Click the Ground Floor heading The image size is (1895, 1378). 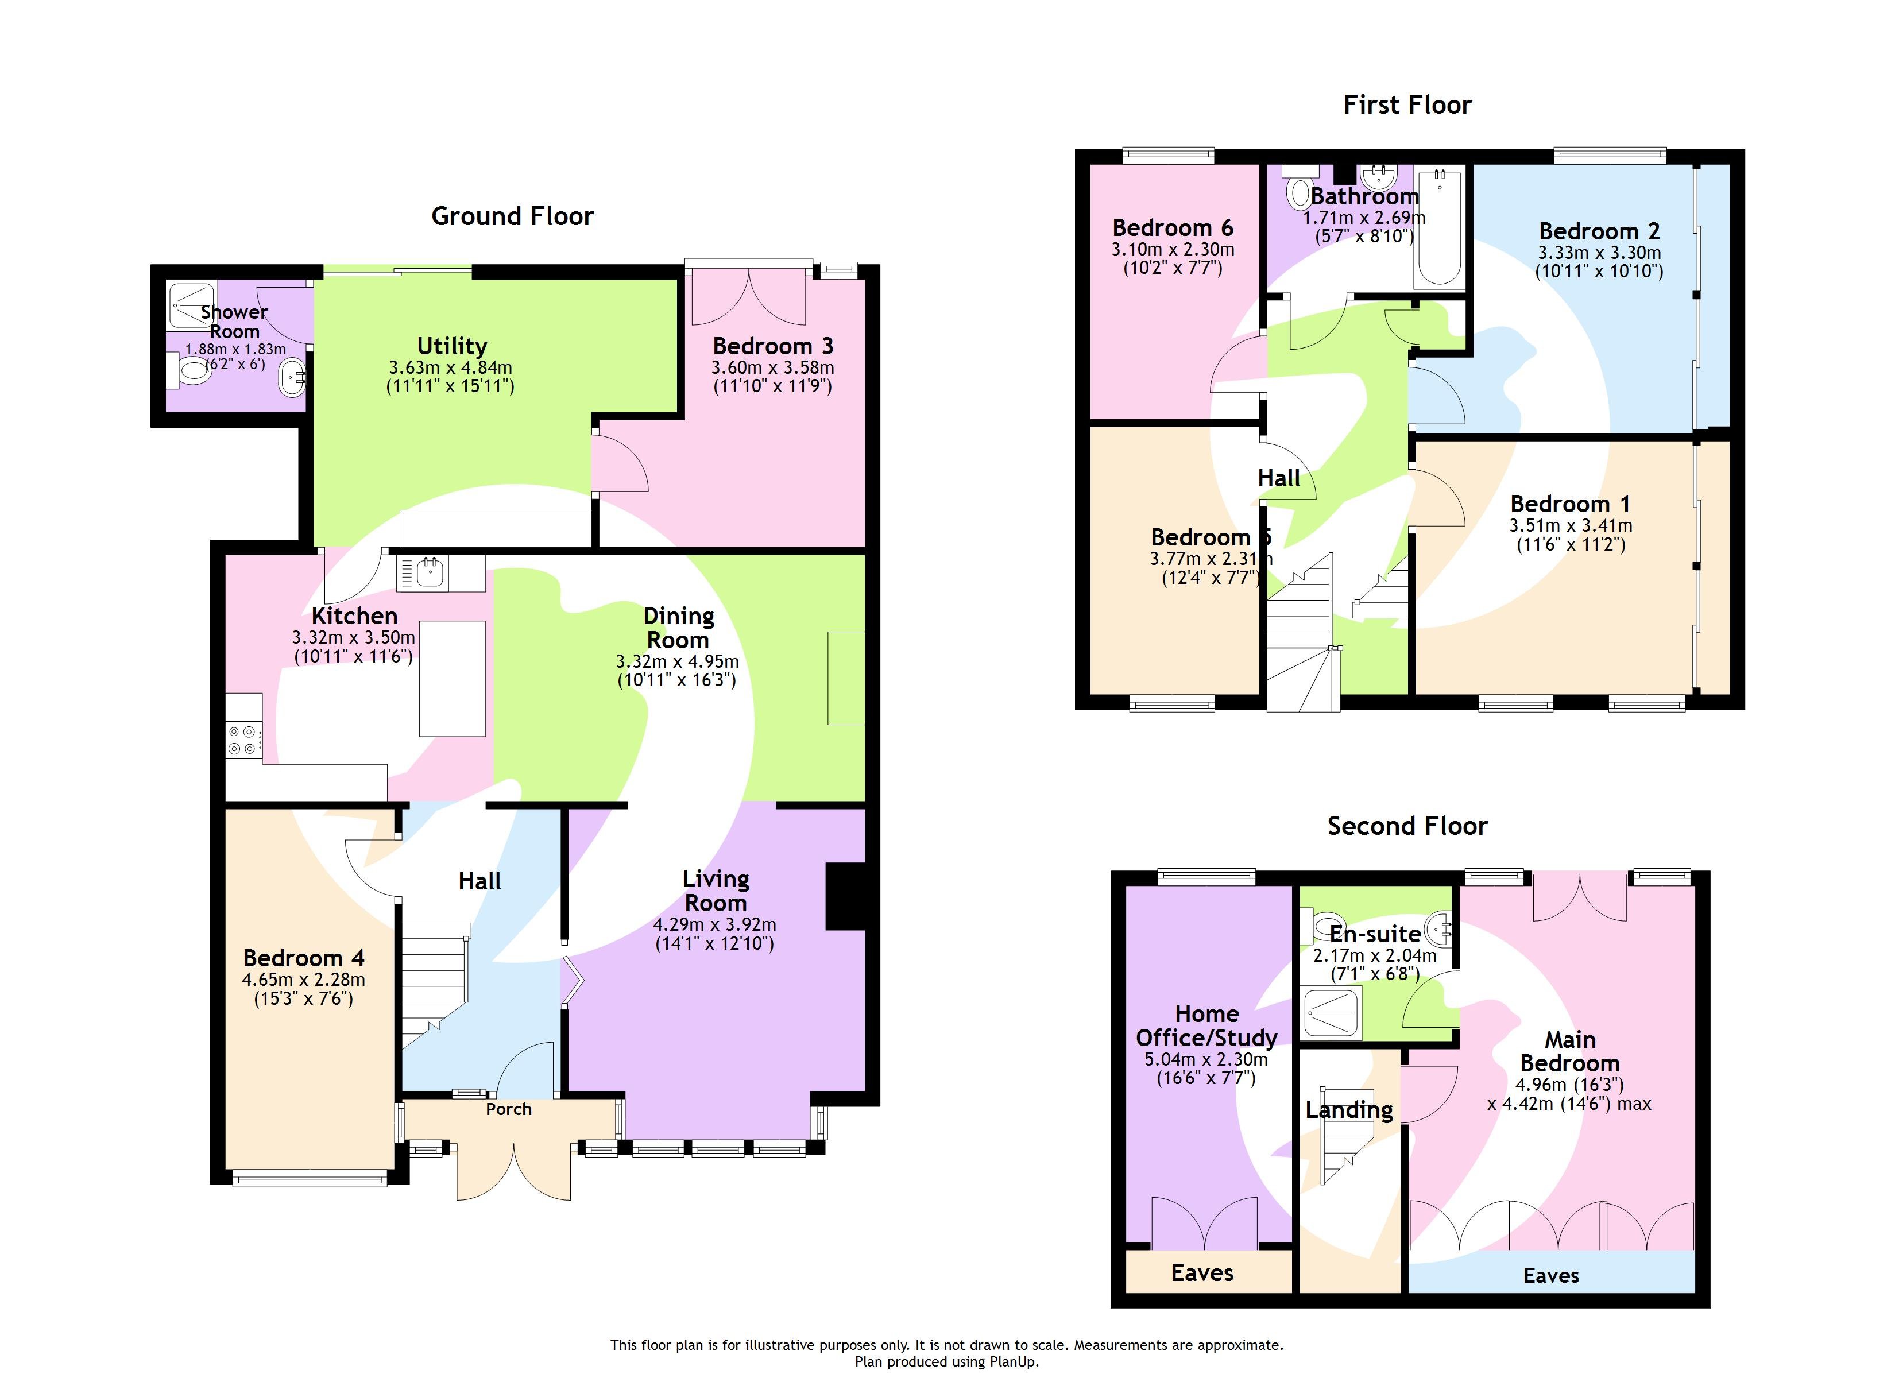pos(512,216)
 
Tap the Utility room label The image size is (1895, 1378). pos(452,346)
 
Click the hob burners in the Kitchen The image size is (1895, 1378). pos(243,740)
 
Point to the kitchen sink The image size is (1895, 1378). pos(430,573)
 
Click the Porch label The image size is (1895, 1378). pos(508,1109)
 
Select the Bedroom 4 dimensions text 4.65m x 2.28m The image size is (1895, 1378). pos(303,980)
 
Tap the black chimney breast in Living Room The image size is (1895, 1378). pos(844,896)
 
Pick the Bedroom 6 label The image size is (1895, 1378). pos(1172,228)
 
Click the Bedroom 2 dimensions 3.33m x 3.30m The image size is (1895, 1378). pos(1599,253)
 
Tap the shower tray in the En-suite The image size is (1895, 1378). pos(1332,1013)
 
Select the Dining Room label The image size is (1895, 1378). pos(678,628)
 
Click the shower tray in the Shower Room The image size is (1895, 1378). pos(191,306)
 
